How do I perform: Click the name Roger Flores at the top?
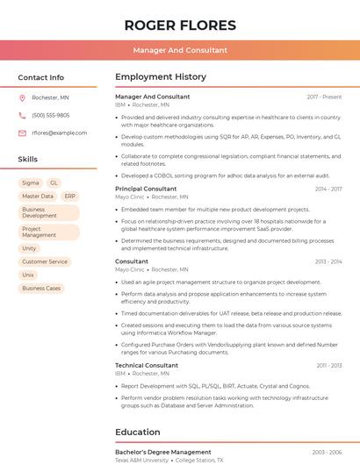[x=180, y=25]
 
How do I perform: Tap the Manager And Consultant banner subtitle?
[x=180, y=50]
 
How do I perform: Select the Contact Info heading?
[x=40, y=77]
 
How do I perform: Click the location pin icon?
[x=22, y=98]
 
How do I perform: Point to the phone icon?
[x=22, y=116]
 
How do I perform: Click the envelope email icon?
[x=22, y=133]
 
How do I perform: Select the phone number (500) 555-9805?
[x=50, y=116]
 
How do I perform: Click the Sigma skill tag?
[x=31, y=183]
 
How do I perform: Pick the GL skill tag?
[x=54, y=183]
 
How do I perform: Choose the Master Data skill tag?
[x=38, y=197]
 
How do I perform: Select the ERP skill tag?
[x=70, y=197]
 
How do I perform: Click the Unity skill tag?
[x=30, y=249]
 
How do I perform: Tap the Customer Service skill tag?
[x=45, y=262]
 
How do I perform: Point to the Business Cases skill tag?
[x=41, y=289]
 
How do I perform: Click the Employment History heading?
[x=160, y=77]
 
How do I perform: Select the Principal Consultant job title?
[x=146, y=190]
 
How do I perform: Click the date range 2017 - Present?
[x=324, y=97]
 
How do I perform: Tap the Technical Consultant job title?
[x=147, y=365]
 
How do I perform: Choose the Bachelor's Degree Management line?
[x=163, y=452]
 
